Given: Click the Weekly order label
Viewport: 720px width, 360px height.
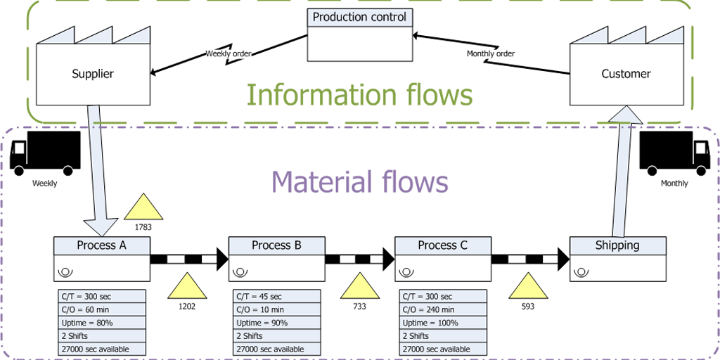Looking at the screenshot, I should click(229, 53).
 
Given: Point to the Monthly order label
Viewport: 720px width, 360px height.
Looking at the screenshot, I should click(491, 53).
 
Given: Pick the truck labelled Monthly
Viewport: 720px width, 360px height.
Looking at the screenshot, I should click(674, 153).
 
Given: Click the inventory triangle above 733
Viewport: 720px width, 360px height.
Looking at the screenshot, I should click(359, 288).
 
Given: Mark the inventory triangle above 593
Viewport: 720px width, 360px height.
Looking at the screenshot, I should click(527, 288).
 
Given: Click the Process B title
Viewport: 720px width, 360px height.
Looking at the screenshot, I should click(276, 245).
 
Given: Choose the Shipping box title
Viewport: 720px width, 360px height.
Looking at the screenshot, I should click(617, 245).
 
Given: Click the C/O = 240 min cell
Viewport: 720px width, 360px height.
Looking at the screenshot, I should click(443, 309).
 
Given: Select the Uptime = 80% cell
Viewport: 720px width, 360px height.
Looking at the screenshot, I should click(102, 323).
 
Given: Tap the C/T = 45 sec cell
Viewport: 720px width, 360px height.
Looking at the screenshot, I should click(276, 296).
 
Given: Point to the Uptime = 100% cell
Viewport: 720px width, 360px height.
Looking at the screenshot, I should click(443, 323).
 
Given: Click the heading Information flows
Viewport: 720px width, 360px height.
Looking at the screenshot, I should click(359, 94).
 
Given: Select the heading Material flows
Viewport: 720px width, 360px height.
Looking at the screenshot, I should click(359, 181).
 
